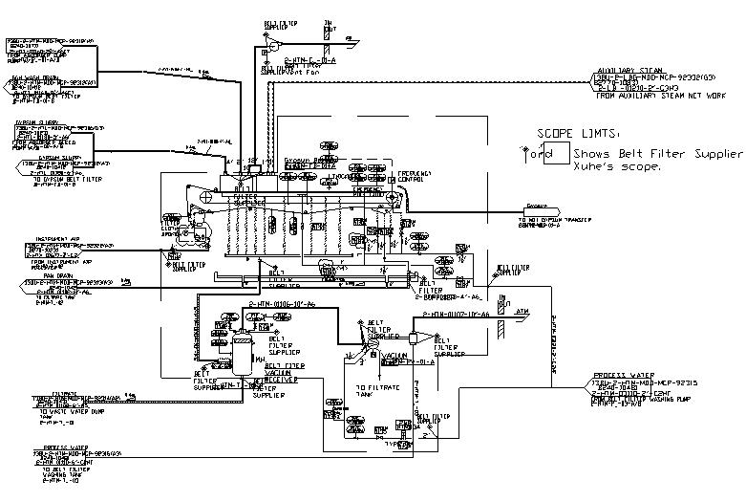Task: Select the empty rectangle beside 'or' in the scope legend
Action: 556,153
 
